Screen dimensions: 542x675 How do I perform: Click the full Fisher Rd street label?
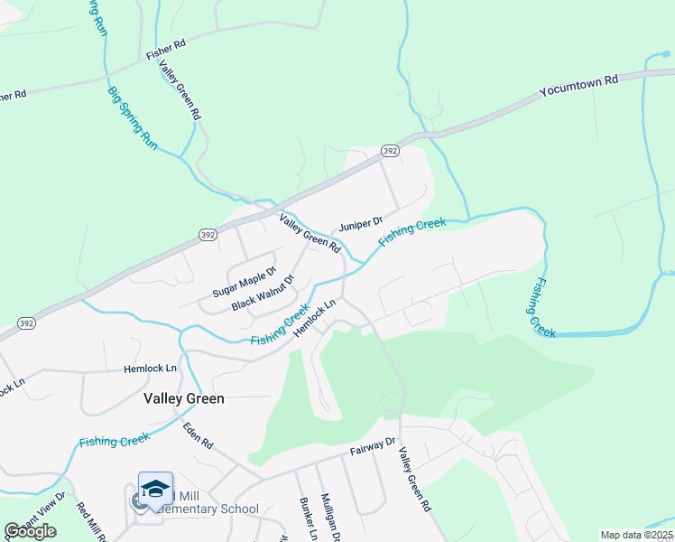pos(167,43)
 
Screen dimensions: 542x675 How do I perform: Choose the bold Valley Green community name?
pos(184,397)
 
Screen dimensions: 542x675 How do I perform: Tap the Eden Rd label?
pos(197,437)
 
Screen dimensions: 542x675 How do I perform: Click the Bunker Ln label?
pos(306,519)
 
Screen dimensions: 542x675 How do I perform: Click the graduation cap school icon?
pos(155,488)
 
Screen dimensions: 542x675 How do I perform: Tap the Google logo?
pos(30,531)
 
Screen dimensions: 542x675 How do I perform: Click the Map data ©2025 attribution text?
pos(637,535)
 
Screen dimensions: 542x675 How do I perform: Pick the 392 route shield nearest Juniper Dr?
pos(389,150)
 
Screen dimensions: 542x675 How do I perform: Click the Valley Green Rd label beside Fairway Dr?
pos(414,481)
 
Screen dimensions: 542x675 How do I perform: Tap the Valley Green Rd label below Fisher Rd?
pos(179,91)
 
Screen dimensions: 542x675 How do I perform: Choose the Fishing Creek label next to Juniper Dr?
pos(413,229)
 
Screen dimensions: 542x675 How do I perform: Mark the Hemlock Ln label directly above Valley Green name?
pos(150,369)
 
